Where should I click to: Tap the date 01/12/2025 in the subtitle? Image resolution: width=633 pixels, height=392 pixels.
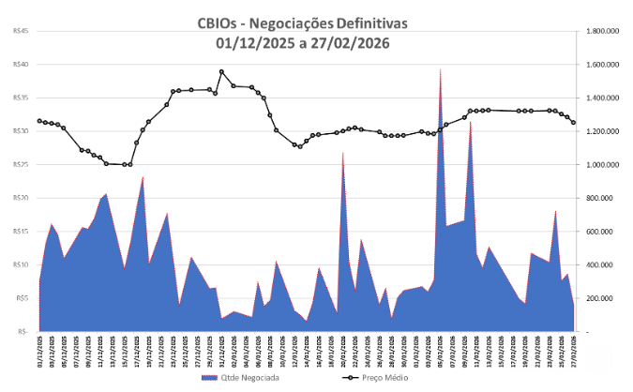tap(253, 42)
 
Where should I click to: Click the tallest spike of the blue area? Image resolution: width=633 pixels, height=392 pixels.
tap(440, 71)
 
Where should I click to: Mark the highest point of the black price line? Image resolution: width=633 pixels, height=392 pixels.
tap(222, 71)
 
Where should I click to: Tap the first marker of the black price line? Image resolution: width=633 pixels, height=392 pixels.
tap(39, 121)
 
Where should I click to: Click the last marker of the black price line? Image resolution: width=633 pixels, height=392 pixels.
tap(573, 122)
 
